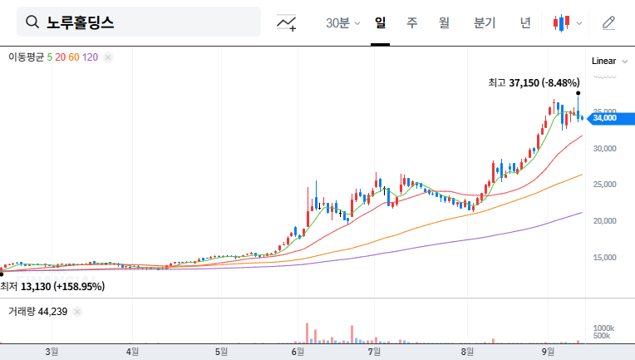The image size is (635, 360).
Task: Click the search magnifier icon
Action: (33, 22)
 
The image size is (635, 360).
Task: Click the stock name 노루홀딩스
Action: (81, 22)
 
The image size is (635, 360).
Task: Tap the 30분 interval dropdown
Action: (342, 22)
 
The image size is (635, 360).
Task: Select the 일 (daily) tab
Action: (381, 22)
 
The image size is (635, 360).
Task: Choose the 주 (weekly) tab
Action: (412, 22)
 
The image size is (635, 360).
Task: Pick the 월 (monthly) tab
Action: (444, 22)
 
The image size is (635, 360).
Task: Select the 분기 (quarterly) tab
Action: (484, 22)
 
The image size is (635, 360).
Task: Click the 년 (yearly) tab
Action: (525, 22)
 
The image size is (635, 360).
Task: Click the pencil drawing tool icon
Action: (608, 22)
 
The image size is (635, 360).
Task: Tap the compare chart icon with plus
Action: (287, 22)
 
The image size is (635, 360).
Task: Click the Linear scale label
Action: (603, 61)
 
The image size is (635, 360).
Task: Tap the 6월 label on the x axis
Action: (297, 351)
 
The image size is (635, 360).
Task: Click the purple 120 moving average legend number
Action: (91, 57)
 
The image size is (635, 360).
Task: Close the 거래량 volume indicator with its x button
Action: (77, 312)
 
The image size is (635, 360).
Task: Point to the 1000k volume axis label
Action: (603, 328)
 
